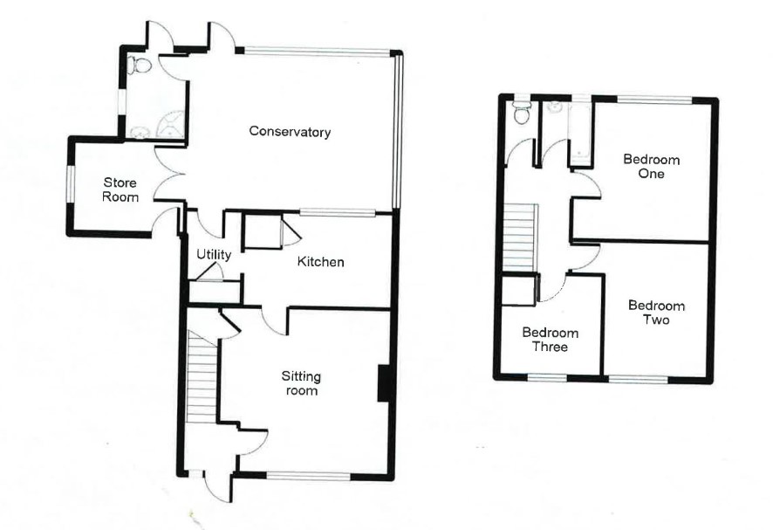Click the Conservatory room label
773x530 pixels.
point(290,132)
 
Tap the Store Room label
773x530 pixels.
point(120,190)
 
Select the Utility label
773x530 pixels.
point(214,255)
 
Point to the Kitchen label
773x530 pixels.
point(320,262)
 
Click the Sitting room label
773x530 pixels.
point(301,383)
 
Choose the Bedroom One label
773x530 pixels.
point(651,166)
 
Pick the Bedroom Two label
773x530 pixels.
point(656,313)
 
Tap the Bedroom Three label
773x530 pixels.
point(551,340)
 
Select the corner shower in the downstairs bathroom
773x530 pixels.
point(171,124)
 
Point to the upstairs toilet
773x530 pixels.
point(521,112)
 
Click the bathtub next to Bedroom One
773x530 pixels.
point(579,134)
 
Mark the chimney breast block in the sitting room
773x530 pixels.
point(384,383)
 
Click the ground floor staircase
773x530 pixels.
point(202,376)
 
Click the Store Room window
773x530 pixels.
point(71,183)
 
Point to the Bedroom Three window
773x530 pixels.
point(547,378)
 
